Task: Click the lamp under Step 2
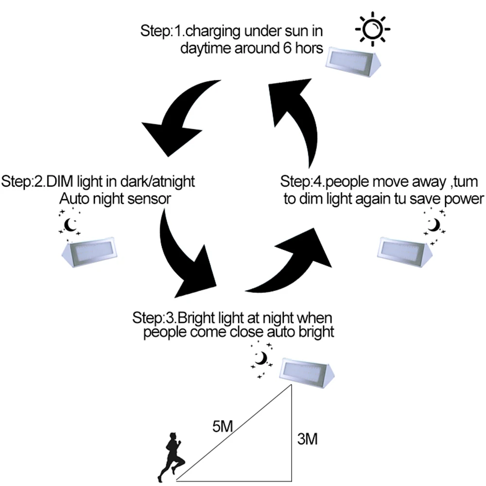91,252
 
